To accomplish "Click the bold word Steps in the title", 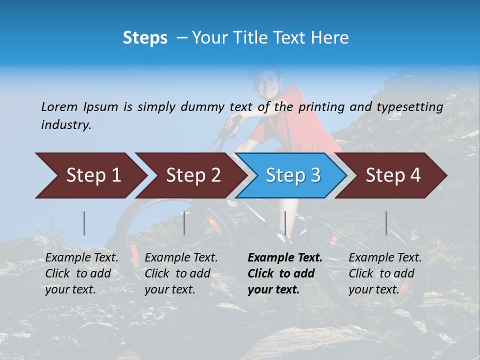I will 145,38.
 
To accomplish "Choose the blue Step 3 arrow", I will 292,175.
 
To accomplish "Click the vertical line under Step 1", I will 84,223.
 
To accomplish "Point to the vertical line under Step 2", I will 184,223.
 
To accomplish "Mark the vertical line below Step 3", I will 285,223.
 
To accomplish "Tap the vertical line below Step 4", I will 386,223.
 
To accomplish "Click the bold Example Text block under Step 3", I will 284,273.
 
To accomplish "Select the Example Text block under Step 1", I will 81,273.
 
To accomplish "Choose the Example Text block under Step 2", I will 181,273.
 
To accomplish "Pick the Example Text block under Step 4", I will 385,273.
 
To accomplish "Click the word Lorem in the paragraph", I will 59,107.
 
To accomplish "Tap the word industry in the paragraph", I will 66,125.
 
